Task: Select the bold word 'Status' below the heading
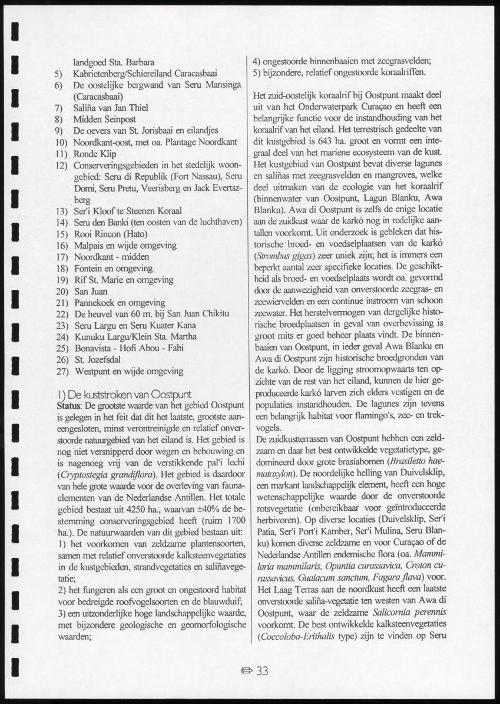tap(69, 405)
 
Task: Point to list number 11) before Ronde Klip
tap(61, 154)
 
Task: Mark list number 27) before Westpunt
tap(61, 372)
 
